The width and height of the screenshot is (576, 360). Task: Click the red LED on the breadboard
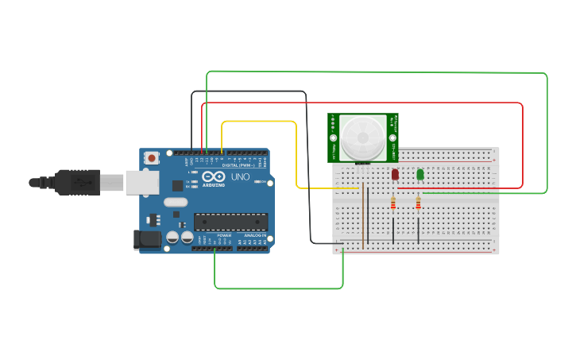tap(395, 174)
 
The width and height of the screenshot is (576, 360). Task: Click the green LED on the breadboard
tap(420, 174)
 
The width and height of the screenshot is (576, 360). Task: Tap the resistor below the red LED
tap(393, 205)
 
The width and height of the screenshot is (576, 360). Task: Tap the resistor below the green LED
tap(419, 205)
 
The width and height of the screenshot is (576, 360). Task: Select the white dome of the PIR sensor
tap(363, 137)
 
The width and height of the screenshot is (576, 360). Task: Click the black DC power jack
tap(149, 238)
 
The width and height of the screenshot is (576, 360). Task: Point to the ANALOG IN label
tap(254, 236)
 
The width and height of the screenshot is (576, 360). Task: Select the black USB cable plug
tap(80, 183)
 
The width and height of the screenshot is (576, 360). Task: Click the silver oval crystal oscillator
tap(176, 202)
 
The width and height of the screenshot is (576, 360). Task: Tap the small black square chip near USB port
tap(177, 185)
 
